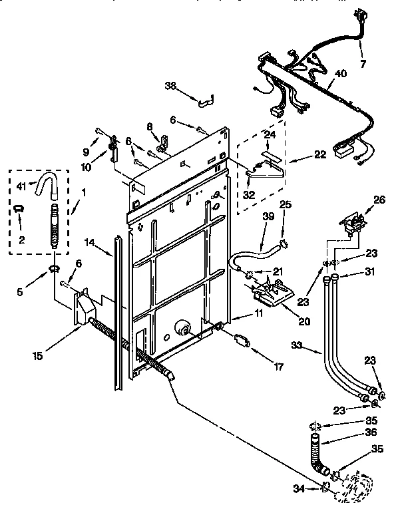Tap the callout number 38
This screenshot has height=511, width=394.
(x=171, y=85)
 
